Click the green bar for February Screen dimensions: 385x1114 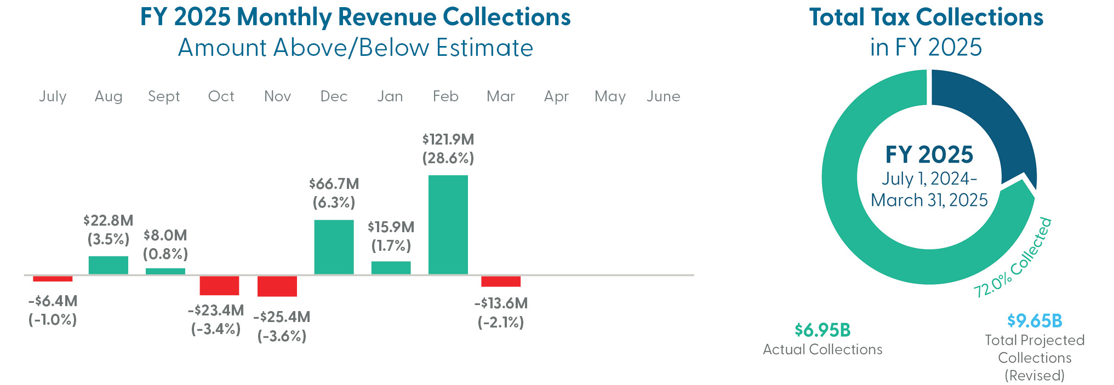(448, 225)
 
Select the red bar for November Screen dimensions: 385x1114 (277, 286)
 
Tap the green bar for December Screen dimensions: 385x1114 (334, 247)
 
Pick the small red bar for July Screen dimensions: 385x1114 (53, 279)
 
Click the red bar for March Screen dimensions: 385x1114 (501, 281)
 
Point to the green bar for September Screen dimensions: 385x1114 (165, 271)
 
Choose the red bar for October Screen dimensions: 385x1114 (219, 285)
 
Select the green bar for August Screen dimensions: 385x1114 (108, 265)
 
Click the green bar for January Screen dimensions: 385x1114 (391, 268)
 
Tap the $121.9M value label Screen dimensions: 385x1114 (448, 140)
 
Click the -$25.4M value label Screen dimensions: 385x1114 (282, 317)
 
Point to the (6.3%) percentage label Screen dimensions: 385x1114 (334, 203)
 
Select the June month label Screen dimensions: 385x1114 (663, 96)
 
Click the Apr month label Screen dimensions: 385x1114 (556, 96)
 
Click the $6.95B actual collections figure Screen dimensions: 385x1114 (822, 330)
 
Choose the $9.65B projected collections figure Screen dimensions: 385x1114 (1035, 320)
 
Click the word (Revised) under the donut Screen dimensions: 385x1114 (1035, 376)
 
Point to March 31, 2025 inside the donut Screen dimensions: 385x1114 (929, 200)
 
